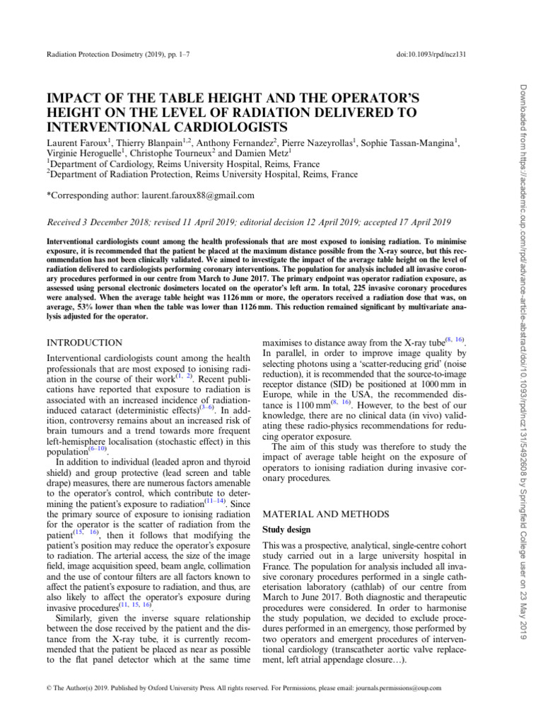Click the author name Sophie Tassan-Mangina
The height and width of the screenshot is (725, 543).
[407, 144]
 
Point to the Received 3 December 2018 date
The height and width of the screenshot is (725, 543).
[107, 220]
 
